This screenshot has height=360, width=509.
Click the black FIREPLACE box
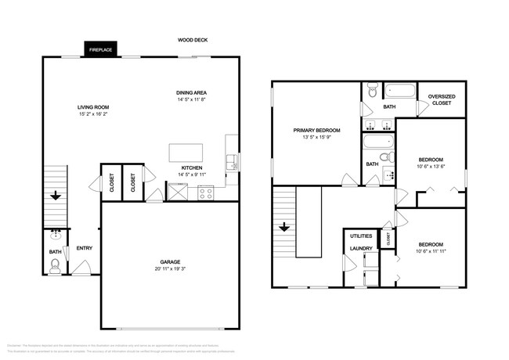coord(100,49)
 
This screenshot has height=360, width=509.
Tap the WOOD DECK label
coord(192,40)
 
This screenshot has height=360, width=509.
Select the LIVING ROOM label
coord(92,107)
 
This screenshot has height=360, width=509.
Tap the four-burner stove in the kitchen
coord(206,192)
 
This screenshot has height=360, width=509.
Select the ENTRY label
coord(84,249)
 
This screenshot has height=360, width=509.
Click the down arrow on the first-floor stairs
coord(55,196)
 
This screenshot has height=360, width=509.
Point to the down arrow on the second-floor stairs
coord(284,228)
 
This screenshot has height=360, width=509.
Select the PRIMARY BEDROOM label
coord(316,131)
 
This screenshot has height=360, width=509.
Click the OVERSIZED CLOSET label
coord(442,99)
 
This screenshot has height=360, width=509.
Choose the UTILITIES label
coord(361,236)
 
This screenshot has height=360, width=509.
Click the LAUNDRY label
coord(361,249)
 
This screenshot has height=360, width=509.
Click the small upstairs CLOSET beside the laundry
coord(388,239)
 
